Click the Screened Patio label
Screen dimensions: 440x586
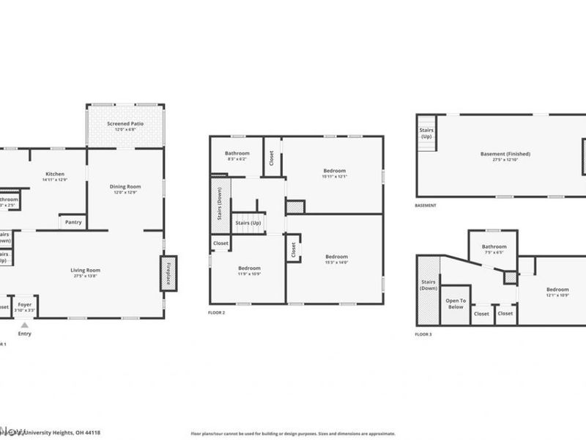[x=125, y=125]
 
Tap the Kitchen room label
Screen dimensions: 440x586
[x=55, y=174]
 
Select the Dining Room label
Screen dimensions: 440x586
[x=125, y=186]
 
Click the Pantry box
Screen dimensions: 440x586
[x=73, y=221]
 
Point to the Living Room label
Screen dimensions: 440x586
[x=86, y=270]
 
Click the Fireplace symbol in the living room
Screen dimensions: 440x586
[x=168, y=273]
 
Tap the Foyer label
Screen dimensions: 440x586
[x=25, y=304]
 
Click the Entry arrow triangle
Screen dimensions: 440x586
[x=25, y=325]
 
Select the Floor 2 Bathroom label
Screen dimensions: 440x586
[x=237, y=153]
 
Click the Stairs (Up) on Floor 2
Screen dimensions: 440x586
[x=248, y=223]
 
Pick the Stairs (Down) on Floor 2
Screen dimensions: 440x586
[x=220, y=204]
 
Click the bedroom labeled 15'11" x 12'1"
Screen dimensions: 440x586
[x=333, y=170]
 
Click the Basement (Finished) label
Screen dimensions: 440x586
[x=505, y=154]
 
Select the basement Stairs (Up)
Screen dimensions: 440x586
[x=426, y=133]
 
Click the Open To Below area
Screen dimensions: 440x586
[x=456, y=304]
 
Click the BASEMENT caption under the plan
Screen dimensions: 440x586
[x=426, y=205]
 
